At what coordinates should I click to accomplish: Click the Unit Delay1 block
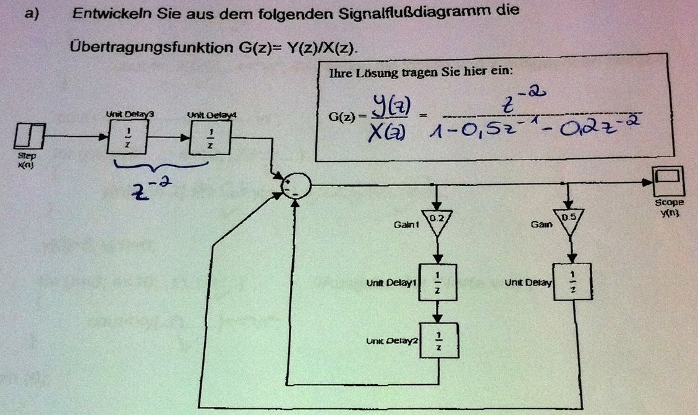coord(438,282)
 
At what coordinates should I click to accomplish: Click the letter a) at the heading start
coord(33,14)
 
